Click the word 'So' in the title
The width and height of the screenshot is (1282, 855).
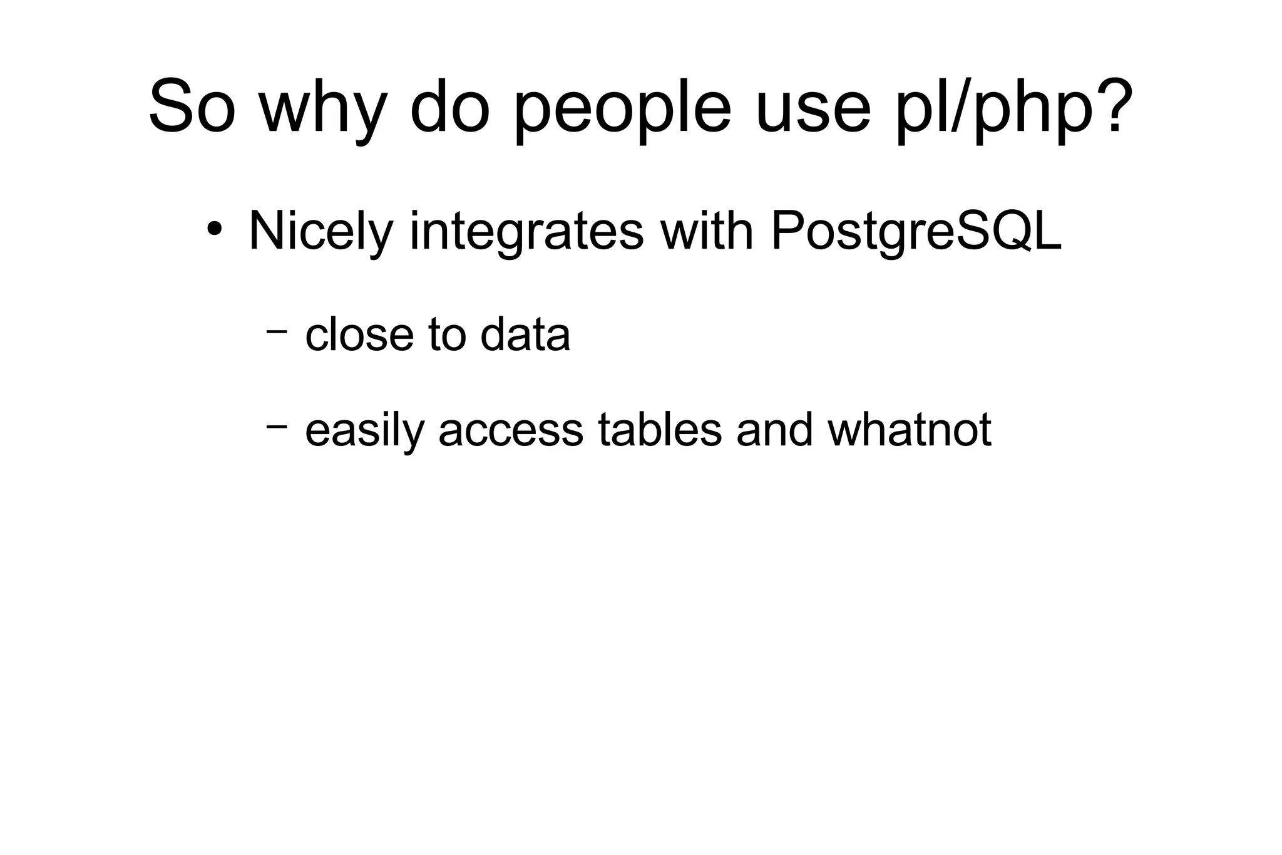point(192,106)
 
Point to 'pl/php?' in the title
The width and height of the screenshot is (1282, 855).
point(1014,110)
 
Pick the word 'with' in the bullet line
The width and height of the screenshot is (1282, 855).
point(707,229)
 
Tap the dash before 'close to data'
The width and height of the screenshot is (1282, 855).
point(276,330)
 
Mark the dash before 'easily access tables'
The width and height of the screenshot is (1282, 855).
point(276,427)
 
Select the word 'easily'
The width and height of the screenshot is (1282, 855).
point(364,431)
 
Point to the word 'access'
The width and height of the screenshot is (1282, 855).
point(510,431)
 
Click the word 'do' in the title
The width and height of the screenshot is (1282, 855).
point(449,106)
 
